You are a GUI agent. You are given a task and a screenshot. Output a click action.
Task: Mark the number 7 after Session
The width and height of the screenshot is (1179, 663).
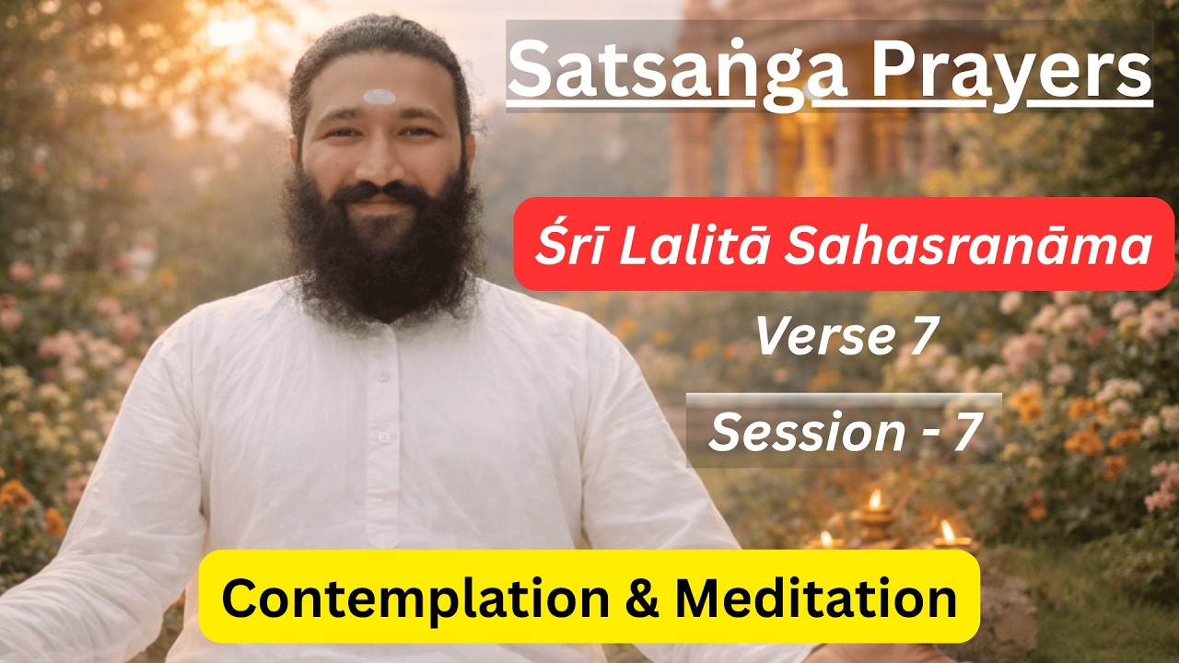tap(963, 432)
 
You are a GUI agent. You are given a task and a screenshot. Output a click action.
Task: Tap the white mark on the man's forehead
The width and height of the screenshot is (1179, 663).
tap(379, 97)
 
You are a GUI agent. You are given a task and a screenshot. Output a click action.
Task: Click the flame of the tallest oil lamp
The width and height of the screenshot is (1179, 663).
tap(875, 499)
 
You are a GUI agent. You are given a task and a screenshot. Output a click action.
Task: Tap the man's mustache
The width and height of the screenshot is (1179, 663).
tap(378, 194)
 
